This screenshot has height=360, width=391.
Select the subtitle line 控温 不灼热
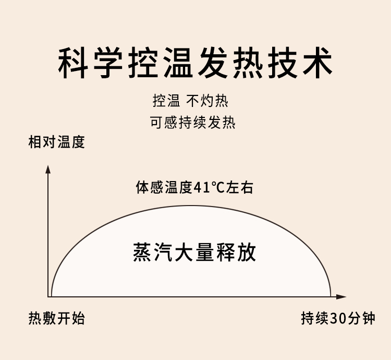pyautogui.click(x=190, y=101)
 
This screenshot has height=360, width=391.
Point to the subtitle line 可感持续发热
pyautogui.click(x=193, y=123)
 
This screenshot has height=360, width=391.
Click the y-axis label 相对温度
pyautogui.click(x=56, y=142)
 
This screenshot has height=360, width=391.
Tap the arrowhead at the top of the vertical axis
pyautogui.click(x=48, y=169)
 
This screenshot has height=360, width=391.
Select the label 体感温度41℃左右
pyautogui.click(x=194, y=187)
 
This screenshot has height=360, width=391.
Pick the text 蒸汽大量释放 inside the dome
pyautogui.click(x=194, y=252)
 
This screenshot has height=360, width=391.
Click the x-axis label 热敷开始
pyautogui.click(x=56, y=318)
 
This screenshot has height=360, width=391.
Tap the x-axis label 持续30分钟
pyautogui.click(x=338, y=318)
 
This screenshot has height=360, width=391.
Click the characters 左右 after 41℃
pyautogui.click(x=241, y=187)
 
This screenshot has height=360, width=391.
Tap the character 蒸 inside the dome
pyautogui.click(x=142, y=252)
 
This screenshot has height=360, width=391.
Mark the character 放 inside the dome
pyautogui.click(x=247, y=252)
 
